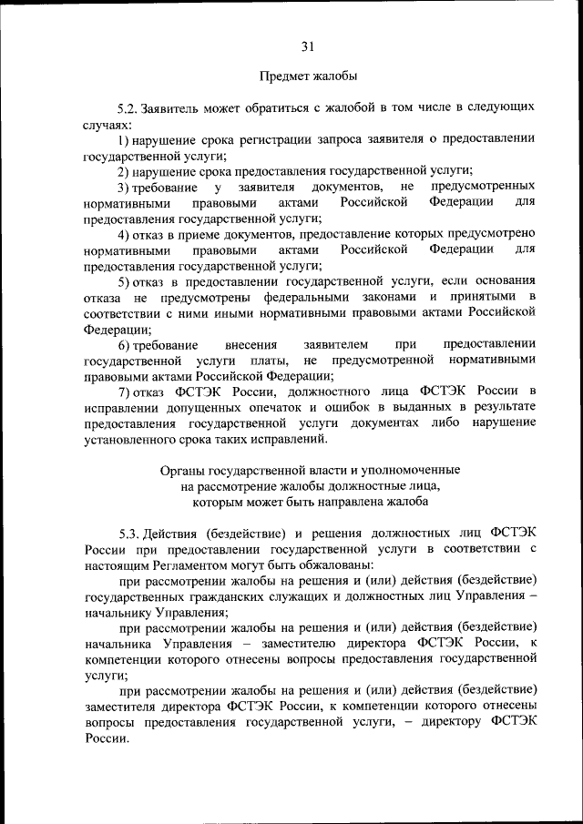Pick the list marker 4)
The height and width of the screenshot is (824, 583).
(x=124, y=233)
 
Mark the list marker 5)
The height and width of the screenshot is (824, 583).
(x=124, y=280)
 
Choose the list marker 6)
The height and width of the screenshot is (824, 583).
(x=124, y=344)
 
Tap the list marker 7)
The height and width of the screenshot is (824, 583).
(x=124, y=392)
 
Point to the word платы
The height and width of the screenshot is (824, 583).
(x=268, y=360)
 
